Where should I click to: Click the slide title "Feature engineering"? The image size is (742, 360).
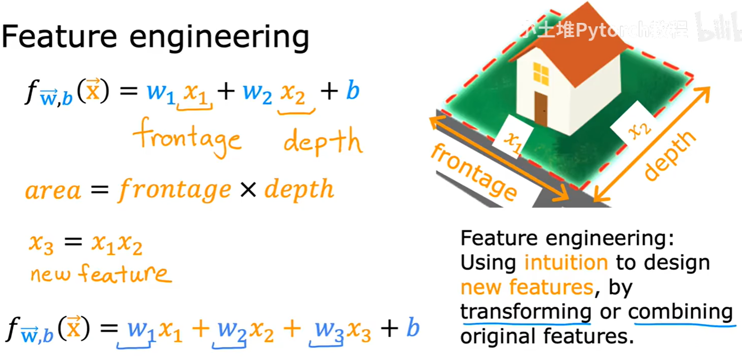pos(155,37)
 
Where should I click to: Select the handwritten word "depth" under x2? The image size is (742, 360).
pos(322,141)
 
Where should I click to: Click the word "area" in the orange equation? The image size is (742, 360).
pos(53,191)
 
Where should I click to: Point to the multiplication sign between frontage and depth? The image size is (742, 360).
pos(248,190)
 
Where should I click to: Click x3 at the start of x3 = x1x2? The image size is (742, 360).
pos(41,243)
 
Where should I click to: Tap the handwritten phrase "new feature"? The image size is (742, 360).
pos(100,273)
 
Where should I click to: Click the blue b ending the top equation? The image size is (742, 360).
pos(353,91)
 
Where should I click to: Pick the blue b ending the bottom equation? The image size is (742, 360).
pos(412,328)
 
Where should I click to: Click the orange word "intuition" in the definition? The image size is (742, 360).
pos(566,262)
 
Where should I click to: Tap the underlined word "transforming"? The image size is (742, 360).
pos(526,311)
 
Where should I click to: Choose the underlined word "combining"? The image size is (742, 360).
pos(680,311)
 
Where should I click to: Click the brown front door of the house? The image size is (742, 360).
pos(541,108)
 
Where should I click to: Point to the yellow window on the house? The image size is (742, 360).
pos(541,73)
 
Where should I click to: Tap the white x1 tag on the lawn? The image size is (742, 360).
pos(514,140)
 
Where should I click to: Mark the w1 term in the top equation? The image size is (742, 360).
pos(161,92)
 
